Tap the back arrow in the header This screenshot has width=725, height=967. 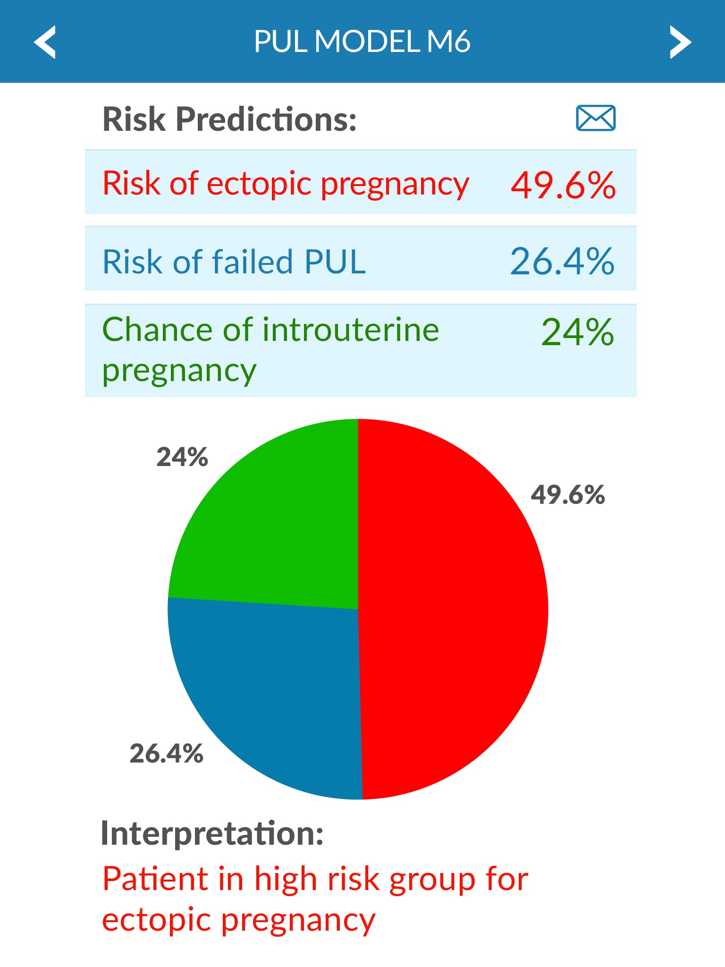pos(45,42)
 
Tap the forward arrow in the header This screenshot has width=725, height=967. pos(680,42)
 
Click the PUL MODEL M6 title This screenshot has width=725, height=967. pos(362,42)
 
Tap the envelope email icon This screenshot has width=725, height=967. pos(596,118)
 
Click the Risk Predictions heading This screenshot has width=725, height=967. pos(229,119)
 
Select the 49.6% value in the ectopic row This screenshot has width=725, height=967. pos(563,185)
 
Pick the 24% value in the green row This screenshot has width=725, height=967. pos(577,332)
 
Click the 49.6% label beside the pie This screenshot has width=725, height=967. pos(568,495)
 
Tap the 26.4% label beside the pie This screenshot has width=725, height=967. pos(166,753)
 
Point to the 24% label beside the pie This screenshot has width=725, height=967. pos(182,457)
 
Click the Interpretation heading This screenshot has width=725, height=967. pos(212,833)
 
